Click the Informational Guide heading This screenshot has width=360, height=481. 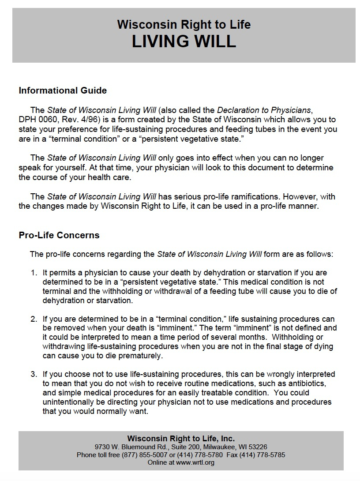click(63, 90)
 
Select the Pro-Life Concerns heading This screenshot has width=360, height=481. click(59, 235)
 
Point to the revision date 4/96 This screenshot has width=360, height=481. click(79, 120)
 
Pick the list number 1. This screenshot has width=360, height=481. click(33, 273)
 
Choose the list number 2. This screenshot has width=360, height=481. click(33, 319)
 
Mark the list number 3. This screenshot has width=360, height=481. click(33, 374)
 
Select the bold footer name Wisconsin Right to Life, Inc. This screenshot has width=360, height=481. click(181, 438)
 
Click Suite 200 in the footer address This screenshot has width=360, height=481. click(170, 447)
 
